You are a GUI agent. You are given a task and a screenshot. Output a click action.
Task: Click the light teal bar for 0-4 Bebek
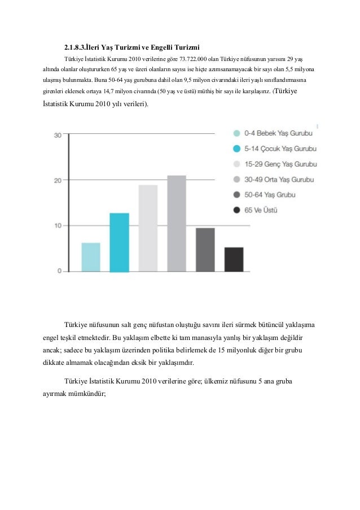[x=91, y=257]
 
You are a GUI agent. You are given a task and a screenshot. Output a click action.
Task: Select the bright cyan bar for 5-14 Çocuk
[x=119, y=242]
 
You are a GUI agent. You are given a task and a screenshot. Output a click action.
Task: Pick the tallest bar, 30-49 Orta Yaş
[x=176, y=223]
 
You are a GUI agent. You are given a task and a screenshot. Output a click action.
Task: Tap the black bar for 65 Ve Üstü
[x=234, y=259]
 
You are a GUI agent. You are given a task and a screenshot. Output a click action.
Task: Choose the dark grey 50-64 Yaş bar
[x=205, y=250]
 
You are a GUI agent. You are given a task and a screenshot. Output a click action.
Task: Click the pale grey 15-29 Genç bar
[x=148, y=228]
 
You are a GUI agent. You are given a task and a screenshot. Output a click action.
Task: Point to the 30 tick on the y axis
[x=58, y=135]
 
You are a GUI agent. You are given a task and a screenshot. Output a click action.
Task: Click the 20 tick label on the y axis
[x=58, y=181]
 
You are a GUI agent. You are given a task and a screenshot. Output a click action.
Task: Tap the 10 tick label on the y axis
[x=58, y=226]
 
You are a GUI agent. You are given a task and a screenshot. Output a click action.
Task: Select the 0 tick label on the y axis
[x=59, y=271]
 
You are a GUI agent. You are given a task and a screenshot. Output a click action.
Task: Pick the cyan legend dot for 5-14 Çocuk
[x=238, y=149]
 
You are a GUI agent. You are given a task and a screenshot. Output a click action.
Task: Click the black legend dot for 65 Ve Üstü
[x=238, y=210]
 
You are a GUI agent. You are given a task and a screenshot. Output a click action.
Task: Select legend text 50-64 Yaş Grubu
[x=270, y=195]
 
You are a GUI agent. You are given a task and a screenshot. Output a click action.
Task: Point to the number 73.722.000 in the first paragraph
[x=195, y=58]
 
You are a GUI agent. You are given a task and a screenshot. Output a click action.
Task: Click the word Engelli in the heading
[x=165, y=46]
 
